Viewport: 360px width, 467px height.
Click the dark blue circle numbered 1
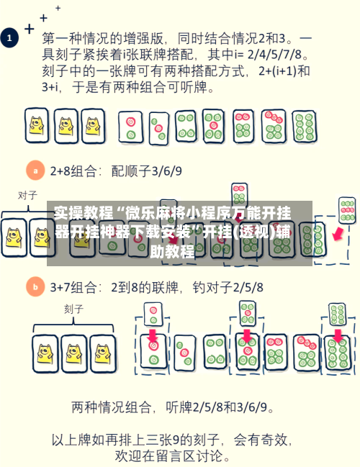tap(10, 37)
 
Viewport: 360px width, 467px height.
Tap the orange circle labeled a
tap(34, 171)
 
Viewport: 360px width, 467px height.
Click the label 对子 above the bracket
tap(27, 195)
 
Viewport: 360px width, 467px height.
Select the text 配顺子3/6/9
tap(147, 171)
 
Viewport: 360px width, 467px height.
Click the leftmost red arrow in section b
tap(152, 336)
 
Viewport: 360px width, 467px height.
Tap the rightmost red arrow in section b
tap(336, 336)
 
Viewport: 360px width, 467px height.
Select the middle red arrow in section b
tap(247, 336)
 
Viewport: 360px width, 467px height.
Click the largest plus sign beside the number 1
tap(29, 29)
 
